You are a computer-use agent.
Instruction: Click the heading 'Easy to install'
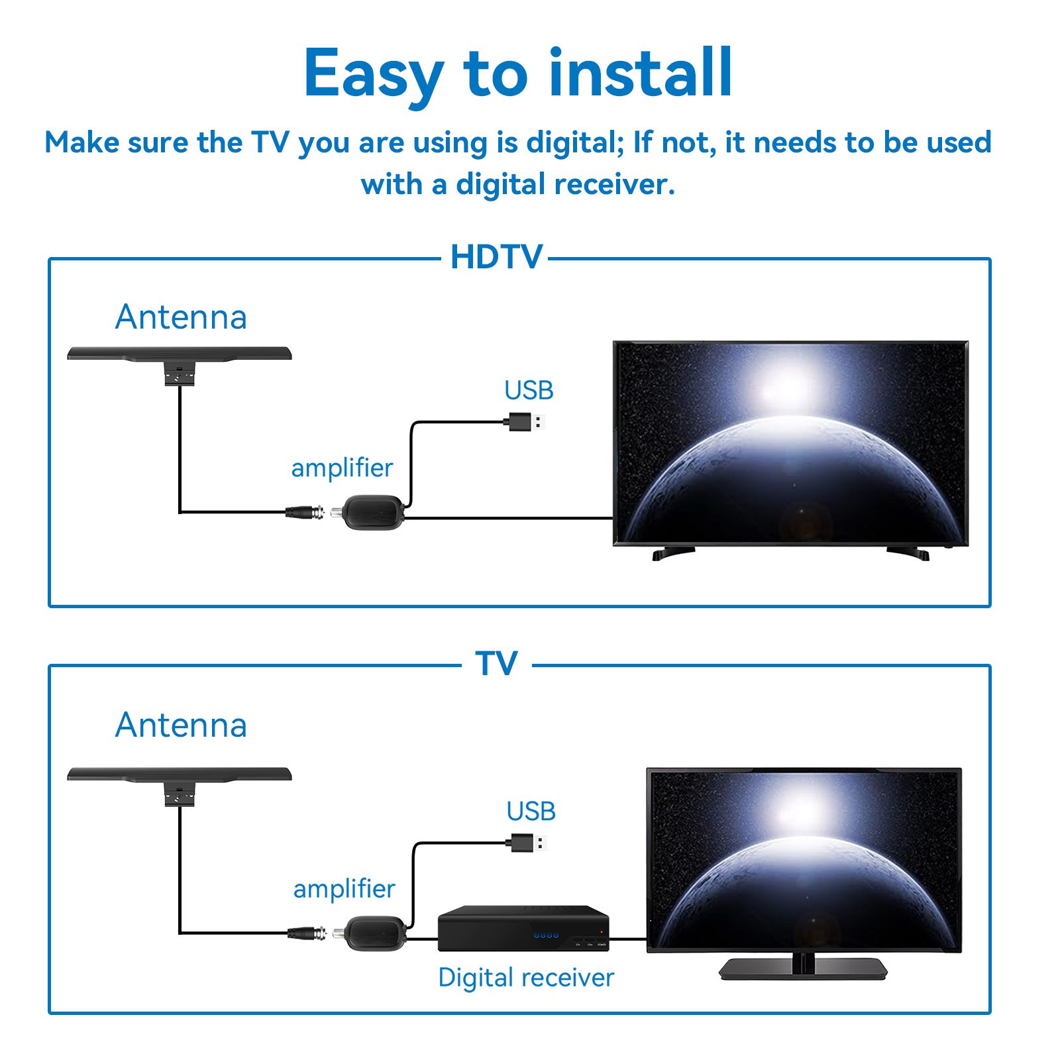tap(518, 73)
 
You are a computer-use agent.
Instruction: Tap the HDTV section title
tap(496, 257)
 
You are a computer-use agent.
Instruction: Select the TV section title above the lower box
tap(496, 663)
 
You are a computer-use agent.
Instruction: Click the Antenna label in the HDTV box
tap(181, 317)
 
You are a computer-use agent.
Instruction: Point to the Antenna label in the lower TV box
tap(181, 725)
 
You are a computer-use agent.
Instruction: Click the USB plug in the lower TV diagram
tap(527, 843)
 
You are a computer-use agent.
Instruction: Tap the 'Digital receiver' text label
tap(526, 978)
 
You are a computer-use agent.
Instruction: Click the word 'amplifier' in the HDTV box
tap(342, 468)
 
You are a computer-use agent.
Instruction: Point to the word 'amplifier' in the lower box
tap(344, 889)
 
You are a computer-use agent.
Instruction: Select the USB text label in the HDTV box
tap(529, 390)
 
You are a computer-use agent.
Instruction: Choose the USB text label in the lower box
tap(531, 811)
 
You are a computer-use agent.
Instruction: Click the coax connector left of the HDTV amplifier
tap(305, 511)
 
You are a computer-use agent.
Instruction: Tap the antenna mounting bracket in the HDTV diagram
tap(180, 374)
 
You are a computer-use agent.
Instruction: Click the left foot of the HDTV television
tap(673, 553)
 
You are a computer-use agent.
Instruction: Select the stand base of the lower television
tap(803, 969)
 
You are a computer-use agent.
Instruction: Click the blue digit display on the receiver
tap(546, 935)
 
